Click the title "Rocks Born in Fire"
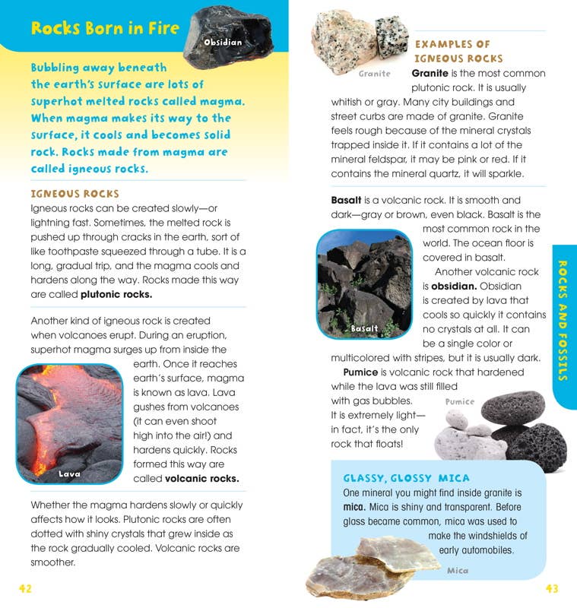[105, 29]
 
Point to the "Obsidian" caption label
[223, 43]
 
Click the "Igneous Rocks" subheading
[75, 194]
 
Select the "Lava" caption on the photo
[70, 474]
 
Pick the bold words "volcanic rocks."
[202, 479]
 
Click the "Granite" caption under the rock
[375, 74]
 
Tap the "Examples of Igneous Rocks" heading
[458, 51]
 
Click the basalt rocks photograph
[363, 283]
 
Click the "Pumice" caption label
[459, 401]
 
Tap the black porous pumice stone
[536, 445]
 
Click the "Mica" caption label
[458, 571]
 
